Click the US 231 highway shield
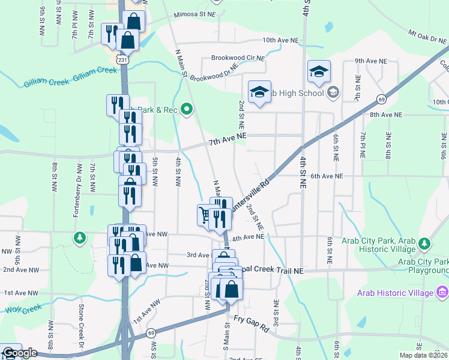(x=122, y=61)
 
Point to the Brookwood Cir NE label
(x=238, y=58)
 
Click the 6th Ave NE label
(x=327, y=176)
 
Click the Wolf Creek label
(x=23, y=308)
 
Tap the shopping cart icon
(x=205, y=214)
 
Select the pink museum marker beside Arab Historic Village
(x=442, y=292)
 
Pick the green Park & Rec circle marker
(x=187, y=109)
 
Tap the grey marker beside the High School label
(x=334, y=93)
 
